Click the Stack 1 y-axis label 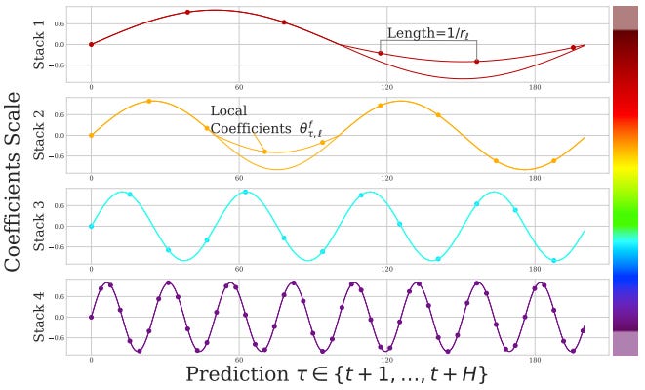pos(41,45)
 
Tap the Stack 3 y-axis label pos(41,227)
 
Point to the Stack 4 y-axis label pos(41,317)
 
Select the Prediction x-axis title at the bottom pos(336,375)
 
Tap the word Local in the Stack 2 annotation pos(229,111)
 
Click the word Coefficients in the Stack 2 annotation pos(245,129)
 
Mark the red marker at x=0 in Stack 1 pos(91,44)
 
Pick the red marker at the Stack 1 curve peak pos(187,12)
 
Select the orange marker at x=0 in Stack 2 pos(91,135)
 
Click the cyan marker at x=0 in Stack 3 pos(91,226)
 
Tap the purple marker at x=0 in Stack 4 pos(91,317)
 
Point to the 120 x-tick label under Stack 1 pos(386,86)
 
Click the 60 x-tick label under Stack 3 pos(239,268)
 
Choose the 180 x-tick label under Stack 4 pos(534,359)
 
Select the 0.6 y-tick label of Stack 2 pos(60,114)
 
